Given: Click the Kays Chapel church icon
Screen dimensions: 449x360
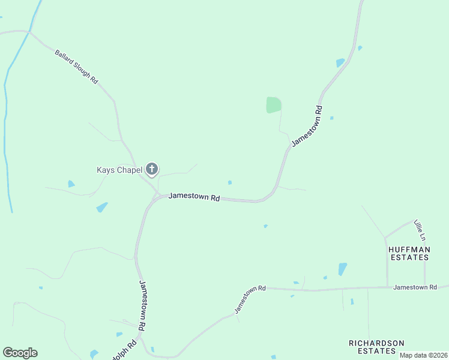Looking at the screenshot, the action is point(152,170).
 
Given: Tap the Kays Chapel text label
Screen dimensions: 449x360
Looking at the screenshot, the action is point(119,170).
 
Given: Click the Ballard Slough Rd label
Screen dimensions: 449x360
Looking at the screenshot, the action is point(76,67).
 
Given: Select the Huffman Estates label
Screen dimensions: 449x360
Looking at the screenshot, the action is point(408,253).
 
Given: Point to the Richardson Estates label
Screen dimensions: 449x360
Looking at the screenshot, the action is point(376,347).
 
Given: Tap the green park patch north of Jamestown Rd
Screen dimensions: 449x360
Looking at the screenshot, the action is point(273,105).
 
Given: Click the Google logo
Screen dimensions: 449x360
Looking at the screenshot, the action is point(20,353).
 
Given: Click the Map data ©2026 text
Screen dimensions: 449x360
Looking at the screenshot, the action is point(423,355).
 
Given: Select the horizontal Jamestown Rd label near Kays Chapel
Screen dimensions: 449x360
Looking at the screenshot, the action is point(194,196).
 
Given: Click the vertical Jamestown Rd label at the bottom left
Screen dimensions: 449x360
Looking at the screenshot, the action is point(142,306).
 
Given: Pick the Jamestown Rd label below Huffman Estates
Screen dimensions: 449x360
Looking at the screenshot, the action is point(415,287).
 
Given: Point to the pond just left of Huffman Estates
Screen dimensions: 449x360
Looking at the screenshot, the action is point(342,269).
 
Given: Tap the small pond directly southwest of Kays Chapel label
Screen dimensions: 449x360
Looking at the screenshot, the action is point(71,184).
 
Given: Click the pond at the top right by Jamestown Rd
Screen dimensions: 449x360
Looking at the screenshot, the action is point(340,62).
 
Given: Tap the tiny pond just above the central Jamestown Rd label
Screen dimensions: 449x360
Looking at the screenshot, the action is point(230,182).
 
